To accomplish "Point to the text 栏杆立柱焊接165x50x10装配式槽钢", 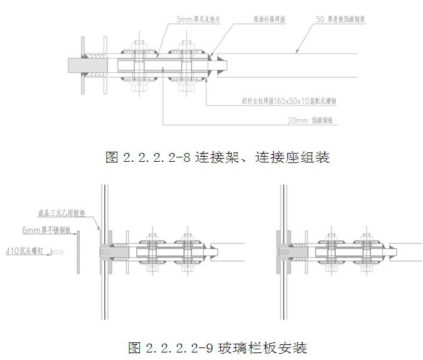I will tap(289, 100).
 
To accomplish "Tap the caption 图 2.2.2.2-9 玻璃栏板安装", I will tap(217, 346).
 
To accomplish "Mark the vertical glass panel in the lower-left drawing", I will tap(104, 251).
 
